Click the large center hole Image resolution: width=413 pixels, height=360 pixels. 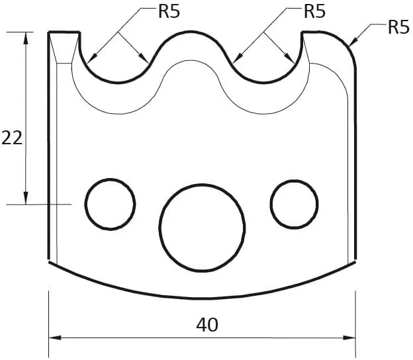pos(202,228)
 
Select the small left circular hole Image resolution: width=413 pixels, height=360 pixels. pos(110,203)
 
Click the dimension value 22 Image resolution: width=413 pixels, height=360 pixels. pos(12,138)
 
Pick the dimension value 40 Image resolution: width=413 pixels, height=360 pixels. pos(207,325)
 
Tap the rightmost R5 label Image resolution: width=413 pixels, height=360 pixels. pos(398,28)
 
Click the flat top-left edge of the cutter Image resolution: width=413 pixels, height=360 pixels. pos(65,32)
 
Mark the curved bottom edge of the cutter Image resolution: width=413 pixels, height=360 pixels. pos(202,298)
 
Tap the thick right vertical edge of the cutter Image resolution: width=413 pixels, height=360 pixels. pos(356,165)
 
